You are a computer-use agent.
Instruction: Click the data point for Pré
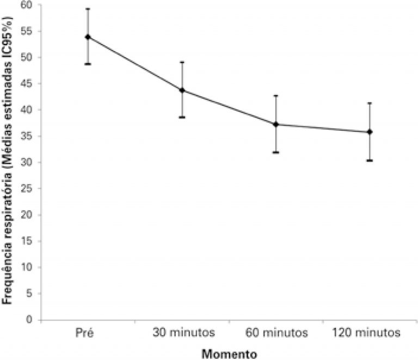[88, 37]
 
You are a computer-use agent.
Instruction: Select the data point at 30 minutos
[182, 90]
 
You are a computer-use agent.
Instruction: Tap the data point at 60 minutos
[276, 124]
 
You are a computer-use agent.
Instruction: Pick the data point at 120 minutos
[370, 132]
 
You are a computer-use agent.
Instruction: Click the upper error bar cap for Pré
[88, 9]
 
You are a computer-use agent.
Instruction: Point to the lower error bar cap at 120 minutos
[370, 160]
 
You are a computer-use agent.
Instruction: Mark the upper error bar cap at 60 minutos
[276, 96]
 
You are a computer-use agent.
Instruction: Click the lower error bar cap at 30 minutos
[182, 117]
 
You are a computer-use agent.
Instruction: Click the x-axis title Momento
[229, 353]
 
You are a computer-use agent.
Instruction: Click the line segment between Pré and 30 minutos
[135, 64]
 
